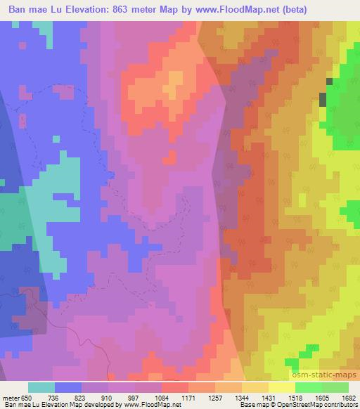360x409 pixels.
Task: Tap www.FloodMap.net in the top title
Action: coord(225,11)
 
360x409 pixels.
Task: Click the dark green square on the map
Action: coord(323,99)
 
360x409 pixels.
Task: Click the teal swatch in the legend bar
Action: coord(41,387)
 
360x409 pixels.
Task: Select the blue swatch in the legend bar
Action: coord(68,387)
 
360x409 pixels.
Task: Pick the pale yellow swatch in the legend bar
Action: coord(282,387)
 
